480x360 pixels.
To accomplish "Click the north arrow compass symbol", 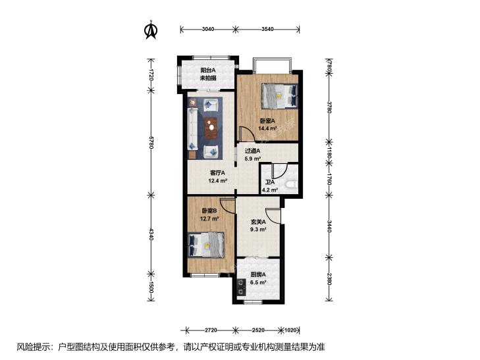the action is click(x=151, y=30).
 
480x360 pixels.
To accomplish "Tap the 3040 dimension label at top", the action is click(x=208, y=30).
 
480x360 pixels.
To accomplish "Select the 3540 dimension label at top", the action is click(x=267, y=30).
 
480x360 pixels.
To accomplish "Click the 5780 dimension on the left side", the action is click(x=151, y=143).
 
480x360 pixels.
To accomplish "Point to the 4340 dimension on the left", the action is click(x=151, y=234).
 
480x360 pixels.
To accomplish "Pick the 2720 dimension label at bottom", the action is click(x=211, y=330).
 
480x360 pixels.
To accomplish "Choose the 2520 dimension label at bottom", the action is click(x=258, y=330).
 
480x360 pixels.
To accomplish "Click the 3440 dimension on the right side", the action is click(x=329, y=226).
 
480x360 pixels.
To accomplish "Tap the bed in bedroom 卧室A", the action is click(x=279, y=96).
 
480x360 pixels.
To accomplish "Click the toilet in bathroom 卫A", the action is click(x=291, y=184).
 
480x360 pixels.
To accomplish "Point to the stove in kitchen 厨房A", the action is click(x=242, y=287).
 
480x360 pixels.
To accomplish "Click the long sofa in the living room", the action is click(x=192, y=129).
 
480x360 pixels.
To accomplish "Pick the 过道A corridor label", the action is click(x=253, y=151).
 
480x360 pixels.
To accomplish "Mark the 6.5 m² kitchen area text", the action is click(x=258, y=282).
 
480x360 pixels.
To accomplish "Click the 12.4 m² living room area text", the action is click(x=218, y=180).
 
